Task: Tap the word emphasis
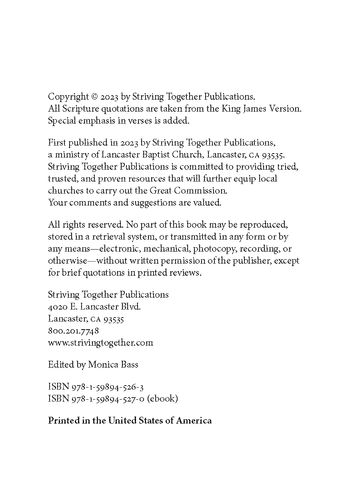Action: (x=95, y=120)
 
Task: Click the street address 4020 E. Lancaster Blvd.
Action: (x=94, y=307)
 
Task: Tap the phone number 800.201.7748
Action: (x=73, y=331)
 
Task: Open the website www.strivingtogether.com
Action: (x=100, y=343)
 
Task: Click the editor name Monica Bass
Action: (x=113, y=364)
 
